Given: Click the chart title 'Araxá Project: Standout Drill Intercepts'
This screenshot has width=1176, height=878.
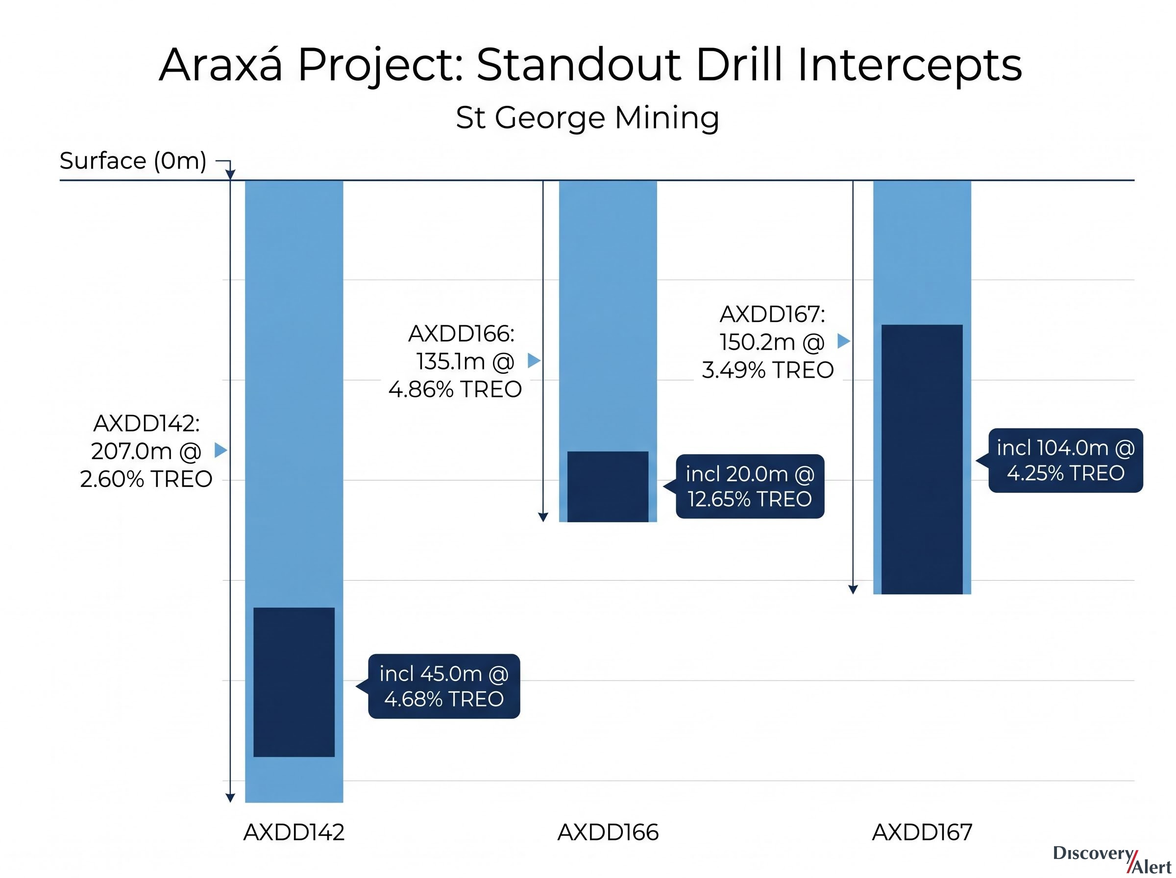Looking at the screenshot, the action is coord(590,65).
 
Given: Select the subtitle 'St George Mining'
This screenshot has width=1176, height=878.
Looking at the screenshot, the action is coord(587,118).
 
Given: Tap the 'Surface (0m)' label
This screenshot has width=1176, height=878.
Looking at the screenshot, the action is coord(133,161).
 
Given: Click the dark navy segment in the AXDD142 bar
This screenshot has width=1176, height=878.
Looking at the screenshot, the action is coord(294,682).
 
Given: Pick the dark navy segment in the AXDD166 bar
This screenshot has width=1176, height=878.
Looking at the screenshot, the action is coord(608,487).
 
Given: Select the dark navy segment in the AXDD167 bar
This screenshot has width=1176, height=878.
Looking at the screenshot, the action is coord(922,459).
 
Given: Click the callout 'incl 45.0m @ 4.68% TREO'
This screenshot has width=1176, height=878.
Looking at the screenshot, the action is coord(444,686).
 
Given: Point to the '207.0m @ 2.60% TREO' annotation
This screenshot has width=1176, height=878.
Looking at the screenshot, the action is coord(146,465).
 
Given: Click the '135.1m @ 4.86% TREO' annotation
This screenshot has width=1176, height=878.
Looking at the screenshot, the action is coord(455,375).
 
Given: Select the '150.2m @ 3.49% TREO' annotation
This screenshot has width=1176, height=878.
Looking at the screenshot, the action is coord(768,356).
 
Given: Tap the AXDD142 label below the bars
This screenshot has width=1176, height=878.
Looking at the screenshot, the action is coord(294,832).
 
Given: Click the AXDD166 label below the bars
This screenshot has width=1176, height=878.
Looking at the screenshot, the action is coord(608,832).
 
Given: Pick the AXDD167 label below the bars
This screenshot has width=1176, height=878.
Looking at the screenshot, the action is coord(922,832).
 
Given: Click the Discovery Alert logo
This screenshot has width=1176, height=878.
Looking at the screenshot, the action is coord(1112,859).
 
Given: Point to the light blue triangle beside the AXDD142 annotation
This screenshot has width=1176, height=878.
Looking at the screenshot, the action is coord(220,451).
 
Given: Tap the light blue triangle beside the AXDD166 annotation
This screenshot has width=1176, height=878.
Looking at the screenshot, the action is coord(534,361).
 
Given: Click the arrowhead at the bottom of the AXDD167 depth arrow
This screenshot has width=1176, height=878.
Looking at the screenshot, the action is coord(853,589).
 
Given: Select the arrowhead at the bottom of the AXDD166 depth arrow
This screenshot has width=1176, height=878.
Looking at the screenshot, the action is coord(542,518).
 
